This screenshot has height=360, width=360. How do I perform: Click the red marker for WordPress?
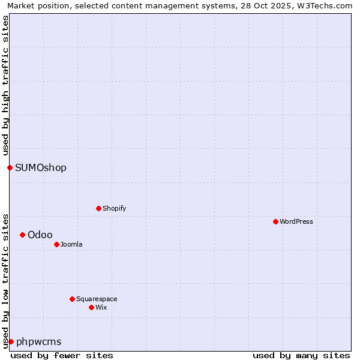click(x=275, y=221)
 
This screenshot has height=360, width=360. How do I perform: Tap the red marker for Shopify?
click(x=98, y=208)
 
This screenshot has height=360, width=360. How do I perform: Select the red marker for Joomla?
click(x=56, y=244)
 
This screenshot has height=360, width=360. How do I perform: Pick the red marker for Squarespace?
click(x=72, y=299)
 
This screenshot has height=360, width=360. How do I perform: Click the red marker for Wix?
click(x=91, y=307)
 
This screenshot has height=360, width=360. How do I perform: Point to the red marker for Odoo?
click(x=22, y=235)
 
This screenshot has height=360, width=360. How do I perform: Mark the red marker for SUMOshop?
click(x=10, y=167)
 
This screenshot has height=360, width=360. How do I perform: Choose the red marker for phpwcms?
click(x=11, y=341)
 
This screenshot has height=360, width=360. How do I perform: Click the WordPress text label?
click(x=296, y=221)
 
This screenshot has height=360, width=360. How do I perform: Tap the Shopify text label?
click(x=115, y=208)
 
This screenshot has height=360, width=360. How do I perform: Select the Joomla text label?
click(x=71, y=244)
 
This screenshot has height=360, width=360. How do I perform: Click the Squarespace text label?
click(x=97, y=299)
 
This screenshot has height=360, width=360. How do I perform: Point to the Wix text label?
click(x=101, y=307)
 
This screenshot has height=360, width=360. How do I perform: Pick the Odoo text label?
click(x=40, y=235)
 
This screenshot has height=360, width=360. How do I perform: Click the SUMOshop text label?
click(x=41, y=167)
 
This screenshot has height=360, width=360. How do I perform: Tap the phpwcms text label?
click(x=39, y=341)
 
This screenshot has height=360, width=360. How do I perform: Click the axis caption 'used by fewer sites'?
click(x=62, y=355)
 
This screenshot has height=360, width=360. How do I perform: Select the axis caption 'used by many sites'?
click(x=301, y=355)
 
